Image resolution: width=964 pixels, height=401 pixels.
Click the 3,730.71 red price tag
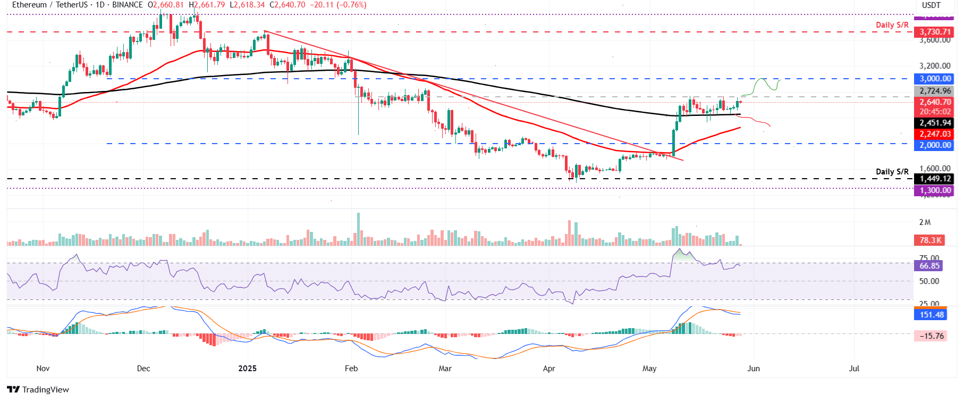935,32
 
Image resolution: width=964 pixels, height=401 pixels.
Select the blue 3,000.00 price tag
935,79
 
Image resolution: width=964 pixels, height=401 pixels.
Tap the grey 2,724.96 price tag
935,91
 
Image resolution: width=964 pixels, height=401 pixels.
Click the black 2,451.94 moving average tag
935,123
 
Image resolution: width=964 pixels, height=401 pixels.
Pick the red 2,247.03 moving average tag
935,134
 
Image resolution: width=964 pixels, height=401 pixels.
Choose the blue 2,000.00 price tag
935,145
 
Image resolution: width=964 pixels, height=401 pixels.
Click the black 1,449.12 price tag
935,179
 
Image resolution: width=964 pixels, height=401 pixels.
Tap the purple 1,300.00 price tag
935,190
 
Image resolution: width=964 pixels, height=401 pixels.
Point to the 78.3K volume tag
930,240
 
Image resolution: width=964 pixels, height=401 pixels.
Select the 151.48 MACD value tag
931,314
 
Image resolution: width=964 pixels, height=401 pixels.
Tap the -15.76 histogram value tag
931,336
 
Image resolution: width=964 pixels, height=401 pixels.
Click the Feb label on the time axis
351,368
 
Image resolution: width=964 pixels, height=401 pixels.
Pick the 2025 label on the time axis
247,368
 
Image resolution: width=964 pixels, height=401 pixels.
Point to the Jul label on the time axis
854,368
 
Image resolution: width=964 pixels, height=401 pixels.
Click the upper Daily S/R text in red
892,25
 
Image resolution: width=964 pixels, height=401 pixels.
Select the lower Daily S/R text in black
892,171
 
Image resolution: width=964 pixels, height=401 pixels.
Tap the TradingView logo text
45,390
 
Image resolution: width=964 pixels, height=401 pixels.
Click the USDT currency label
931,5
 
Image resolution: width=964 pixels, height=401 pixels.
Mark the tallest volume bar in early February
358,229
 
